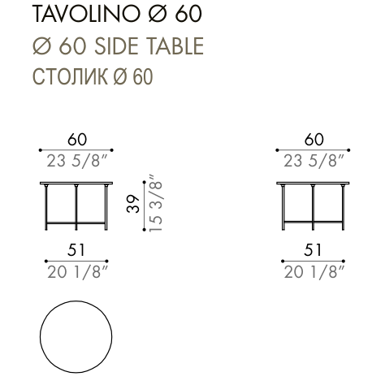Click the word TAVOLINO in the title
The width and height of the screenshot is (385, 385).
(x=87, y=14)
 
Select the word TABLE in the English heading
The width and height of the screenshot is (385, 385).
(x=176, y=45)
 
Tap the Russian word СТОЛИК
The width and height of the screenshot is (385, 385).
(x=70, y=77)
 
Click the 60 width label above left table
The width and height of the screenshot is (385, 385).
(x=77, y=140)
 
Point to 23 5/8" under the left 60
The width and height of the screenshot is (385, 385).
(x=77, y=161)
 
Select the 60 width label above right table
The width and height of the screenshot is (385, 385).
(x=314, y=140)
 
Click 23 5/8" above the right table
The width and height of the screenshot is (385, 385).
(x=314, y=161)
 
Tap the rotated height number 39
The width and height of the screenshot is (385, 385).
(x=133, y=204)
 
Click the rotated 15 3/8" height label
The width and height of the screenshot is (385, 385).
(x=156, y=203)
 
